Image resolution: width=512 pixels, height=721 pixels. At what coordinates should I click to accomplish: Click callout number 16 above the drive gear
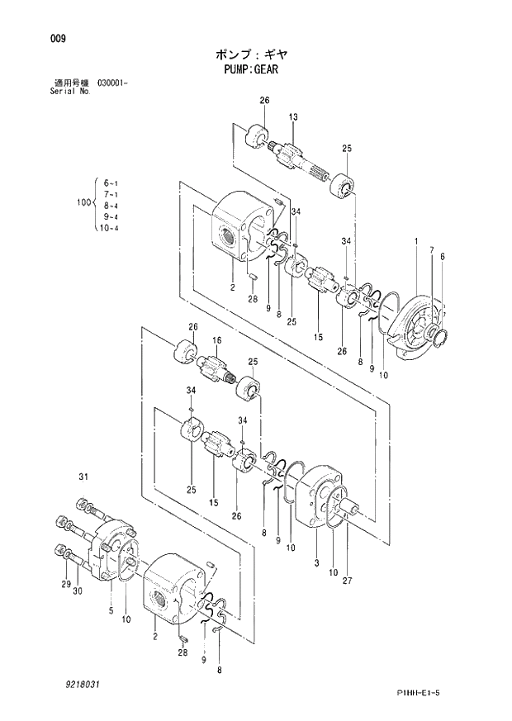(x=217, y=340)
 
